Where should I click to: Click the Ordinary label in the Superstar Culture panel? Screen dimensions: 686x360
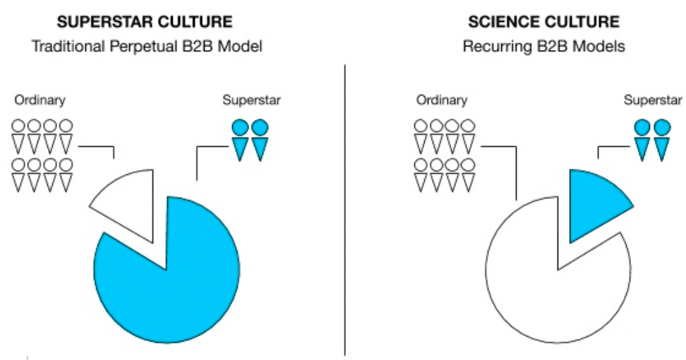click(39, 100)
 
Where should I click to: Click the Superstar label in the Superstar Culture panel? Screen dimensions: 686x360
click(251, 100)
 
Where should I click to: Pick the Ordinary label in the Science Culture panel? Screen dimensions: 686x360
click(441, 100)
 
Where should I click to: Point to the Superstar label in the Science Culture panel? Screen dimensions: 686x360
click(653, 100)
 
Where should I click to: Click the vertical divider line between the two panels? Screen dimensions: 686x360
click(344, 212)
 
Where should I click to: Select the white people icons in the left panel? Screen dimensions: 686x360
click(42, 155)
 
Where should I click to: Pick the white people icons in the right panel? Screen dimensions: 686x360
click(444, 155)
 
